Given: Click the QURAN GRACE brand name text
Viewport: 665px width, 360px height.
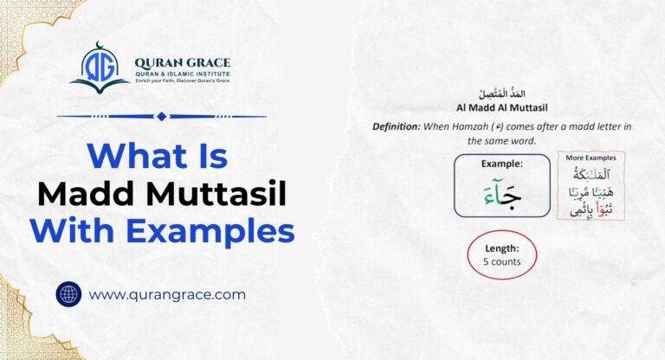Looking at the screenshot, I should (x=182, y=62).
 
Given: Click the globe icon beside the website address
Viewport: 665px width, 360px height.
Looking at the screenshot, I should (x=68, y=294).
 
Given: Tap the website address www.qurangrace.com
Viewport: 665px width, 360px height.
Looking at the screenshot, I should (x=167, y=294).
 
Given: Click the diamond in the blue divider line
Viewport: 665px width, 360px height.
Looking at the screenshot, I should (x=161, y=116).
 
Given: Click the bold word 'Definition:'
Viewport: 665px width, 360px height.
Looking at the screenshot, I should (x=396, y=126).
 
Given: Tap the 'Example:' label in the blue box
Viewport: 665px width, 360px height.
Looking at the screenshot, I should (x=501, y=164).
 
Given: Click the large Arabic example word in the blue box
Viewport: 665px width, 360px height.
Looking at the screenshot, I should (x=501, y=196).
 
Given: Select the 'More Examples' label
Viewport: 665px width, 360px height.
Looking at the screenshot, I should (x=591, y=158).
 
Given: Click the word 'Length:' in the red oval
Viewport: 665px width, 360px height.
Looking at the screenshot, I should (x=502, y=248).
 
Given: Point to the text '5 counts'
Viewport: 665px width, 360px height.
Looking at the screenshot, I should (x=502, y=261).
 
